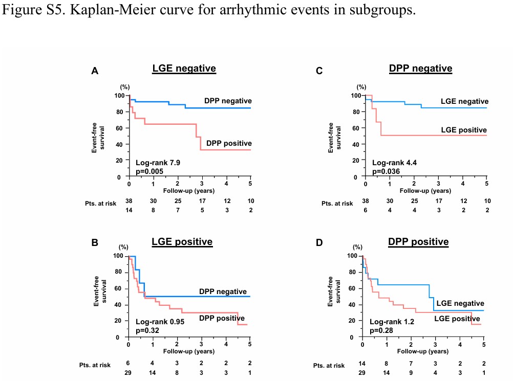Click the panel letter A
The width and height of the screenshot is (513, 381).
point(95,72)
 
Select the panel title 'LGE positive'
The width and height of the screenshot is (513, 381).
point(182,242)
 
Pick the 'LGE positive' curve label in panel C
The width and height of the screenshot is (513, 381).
point(464,130)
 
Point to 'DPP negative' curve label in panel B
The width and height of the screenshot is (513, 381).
point(223,292)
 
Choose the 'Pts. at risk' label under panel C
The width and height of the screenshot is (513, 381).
point(338,204)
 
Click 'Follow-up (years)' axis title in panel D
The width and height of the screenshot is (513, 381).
point(423,352)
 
